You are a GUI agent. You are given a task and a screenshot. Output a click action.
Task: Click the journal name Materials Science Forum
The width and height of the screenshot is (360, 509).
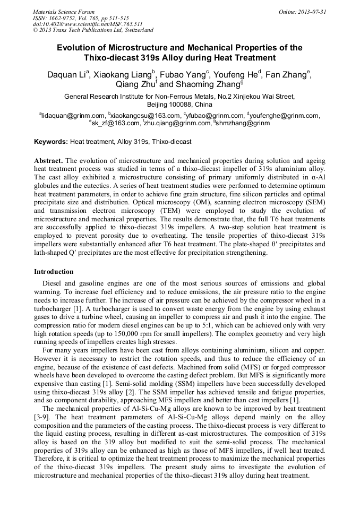pos(64,12)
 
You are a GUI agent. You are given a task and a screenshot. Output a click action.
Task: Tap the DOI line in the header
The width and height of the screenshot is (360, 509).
pos(88,24)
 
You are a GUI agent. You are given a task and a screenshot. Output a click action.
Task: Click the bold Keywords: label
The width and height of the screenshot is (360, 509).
pos(51,142)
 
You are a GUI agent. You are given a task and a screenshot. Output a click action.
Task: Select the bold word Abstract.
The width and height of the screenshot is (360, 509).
pos(49,160)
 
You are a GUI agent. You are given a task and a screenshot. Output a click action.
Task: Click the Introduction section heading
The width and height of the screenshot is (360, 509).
pos(54,272)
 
